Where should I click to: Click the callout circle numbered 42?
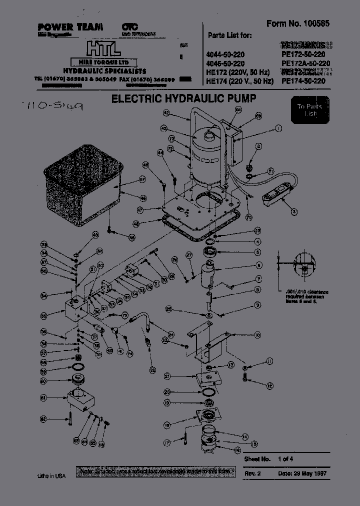166,113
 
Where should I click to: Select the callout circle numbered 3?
294,211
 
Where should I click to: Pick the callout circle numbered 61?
43,397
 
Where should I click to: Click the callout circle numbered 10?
257,335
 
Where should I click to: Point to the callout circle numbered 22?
152,370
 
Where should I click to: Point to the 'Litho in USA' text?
51,476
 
